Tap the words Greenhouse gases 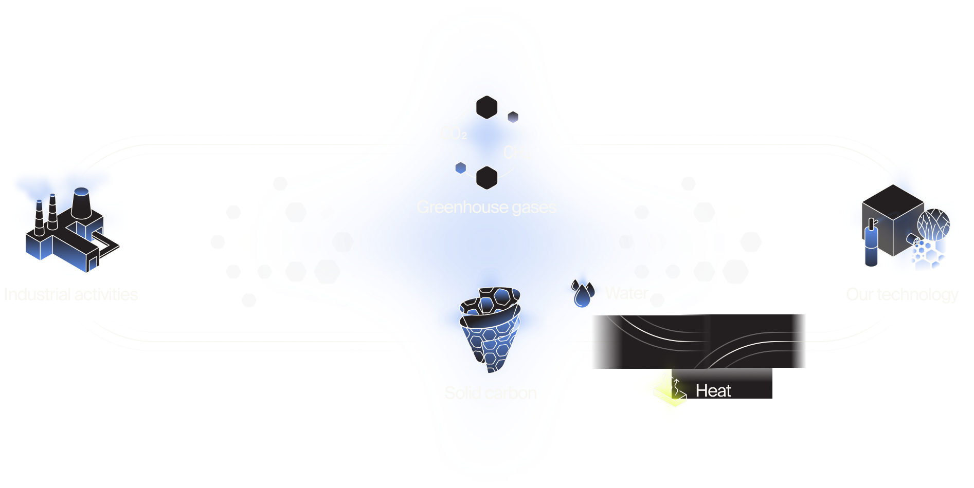click(486, 207)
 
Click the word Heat click(713, 391)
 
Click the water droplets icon click(583, 292)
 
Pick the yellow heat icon click(670, 389)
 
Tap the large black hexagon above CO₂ click(486, 107)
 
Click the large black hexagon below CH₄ click(486, 178)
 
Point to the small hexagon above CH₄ click(513, 117)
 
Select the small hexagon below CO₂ click(461, 167)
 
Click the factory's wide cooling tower click(81, 203)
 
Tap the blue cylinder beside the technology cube click(871, 247)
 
